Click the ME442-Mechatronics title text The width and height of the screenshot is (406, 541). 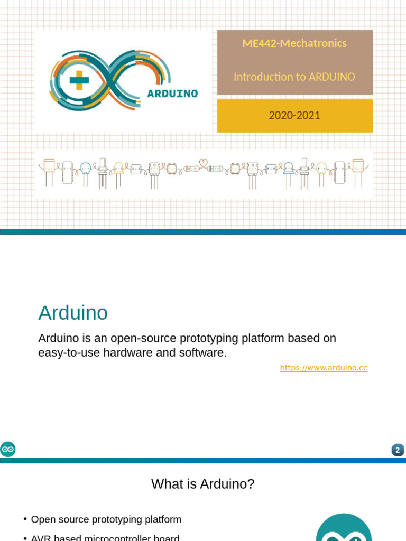click(294, 43)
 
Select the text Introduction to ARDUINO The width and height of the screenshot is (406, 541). click(294, 77)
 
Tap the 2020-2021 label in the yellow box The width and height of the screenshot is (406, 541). click(294, 115)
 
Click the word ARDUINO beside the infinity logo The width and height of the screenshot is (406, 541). click(172, 94)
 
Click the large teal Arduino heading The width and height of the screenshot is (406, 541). click(73, 313)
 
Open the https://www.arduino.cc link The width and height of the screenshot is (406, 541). click(324, 368)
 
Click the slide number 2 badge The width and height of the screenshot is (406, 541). click(398, 450)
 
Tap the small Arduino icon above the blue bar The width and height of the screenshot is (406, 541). click(8, 449)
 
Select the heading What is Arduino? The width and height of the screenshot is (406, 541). click(203, 483)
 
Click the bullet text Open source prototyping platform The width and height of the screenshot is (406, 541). click(106, 519)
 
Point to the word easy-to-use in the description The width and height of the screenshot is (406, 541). click(66, 352)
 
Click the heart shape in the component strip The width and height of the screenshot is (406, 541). click(203, 162)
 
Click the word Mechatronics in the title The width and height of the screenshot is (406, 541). click(313, 43)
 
